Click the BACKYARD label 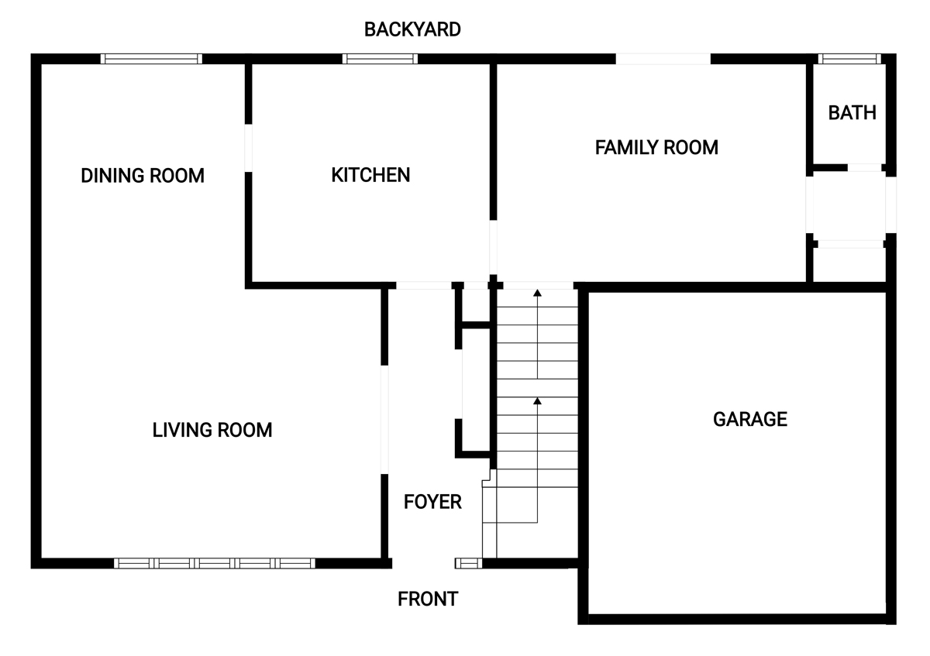412,29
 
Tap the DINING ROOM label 143,176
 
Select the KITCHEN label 370,175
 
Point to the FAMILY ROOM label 656,147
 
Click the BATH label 852,113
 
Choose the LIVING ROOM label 212,430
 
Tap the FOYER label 432,502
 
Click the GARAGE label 750,419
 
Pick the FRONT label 428,599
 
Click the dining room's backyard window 151,59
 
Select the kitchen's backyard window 380,59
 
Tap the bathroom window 849,59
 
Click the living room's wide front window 215,563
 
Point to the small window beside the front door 469,563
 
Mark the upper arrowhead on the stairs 537,293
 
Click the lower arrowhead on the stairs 537,401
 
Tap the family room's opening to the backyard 663,59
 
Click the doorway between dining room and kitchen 248,148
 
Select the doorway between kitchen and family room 493,247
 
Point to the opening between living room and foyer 385,420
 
